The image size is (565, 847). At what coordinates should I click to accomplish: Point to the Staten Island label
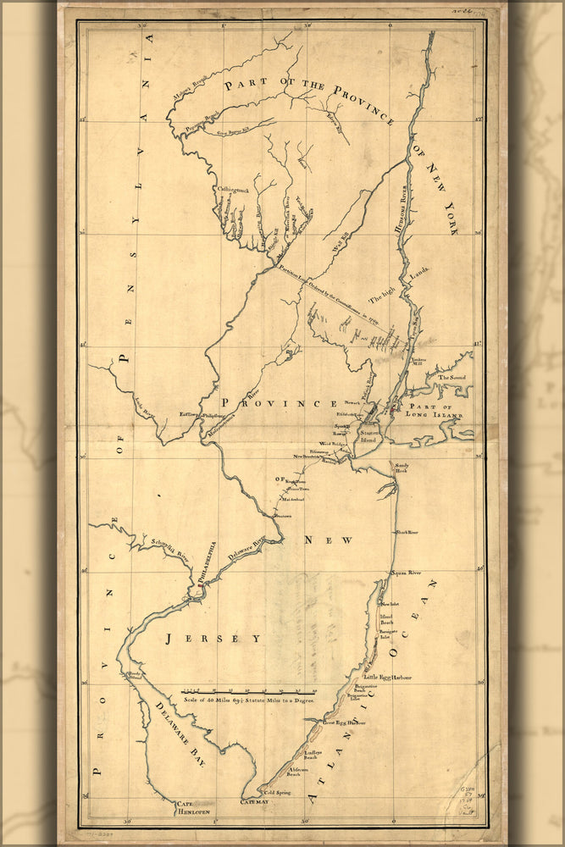pos(368,437)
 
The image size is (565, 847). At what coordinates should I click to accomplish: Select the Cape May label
pos(253,800)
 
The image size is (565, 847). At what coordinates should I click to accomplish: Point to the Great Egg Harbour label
pos(343,722)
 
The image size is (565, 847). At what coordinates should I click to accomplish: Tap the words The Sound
pos(451,378)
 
